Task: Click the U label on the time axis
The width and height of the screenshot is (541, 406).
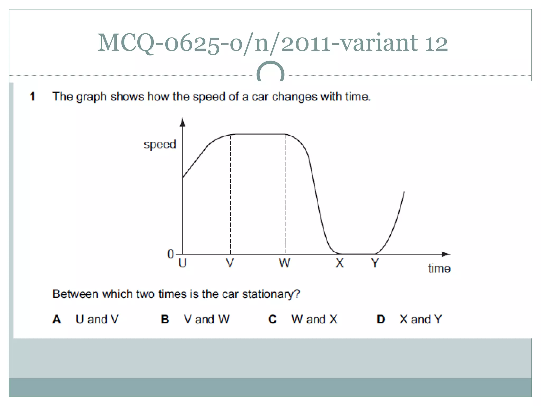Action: [x=183, y=263]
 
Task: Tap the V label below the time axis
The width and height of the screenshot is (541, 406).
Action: [x=230, y=263]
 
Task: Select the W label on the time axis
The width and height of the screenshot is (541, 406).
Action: [x=285, y=263]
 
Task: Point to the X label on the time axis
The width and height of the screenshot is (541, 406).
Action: [x=339, y=263]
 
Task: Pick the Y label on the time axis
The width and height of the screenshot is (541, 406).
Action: [x=375, y=263]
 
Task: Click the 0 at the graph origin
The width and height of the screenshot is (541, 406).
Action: [x=171, y=254]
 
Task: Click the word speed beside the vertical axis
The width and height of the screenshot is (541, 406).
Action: [x=160, y=144]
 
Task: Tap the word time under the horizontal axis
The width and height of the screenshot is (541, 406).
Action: [x=439, y=269]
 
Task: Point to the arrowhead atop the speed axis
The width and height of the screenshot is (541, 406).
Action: [x=183, y=122]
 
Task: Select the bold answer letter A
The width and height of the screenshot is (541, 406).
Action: [x=57, y=319]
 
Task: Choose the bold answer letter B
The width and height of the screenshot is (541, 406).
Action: [x=165, y=319]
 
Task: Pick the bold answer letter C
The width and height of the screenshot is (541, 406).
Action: [x=273, y=319]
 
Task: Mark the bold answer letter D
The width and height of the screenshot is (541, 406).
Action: [x=381, y=319]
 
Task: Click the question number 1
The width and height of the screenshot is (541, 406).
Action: [x=32, y=96]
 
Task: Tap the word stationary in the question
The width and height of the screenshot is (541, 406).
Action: [x=271, y=294]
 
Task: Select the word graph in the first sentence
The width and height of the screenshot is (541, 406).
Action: [x=91, y=97]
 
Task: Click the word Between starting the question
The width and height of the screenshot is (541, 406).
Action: [x=75, y=294]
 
